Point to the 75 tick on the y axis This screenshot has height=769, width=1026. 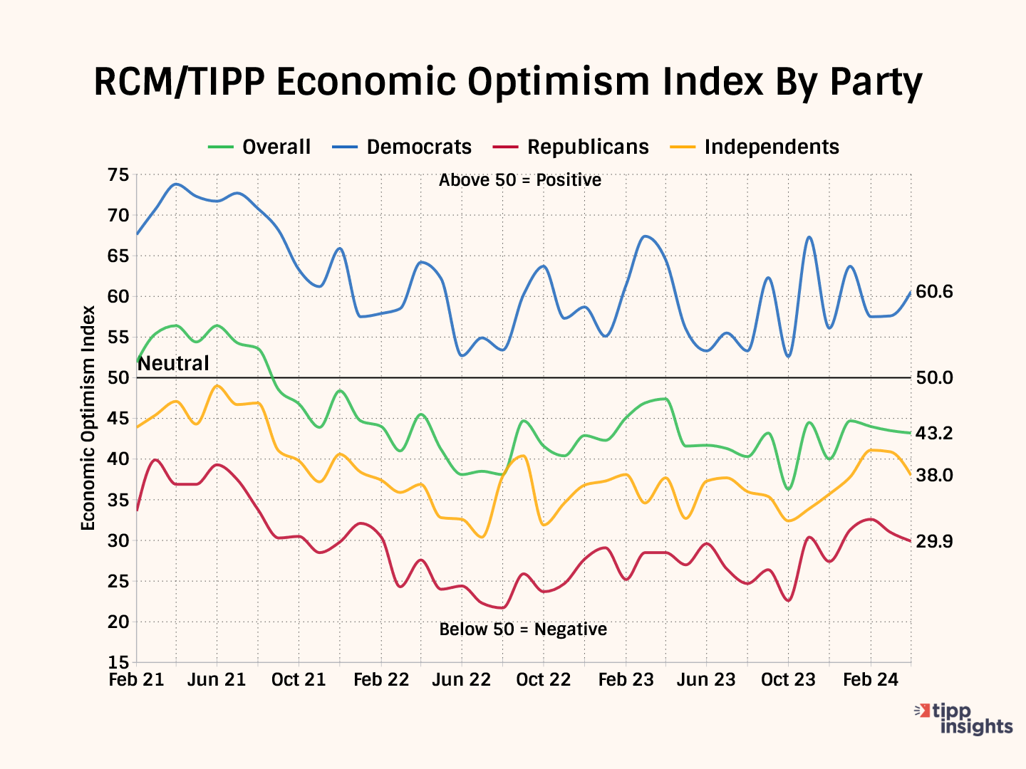pyautogui.click(x=118, y=175)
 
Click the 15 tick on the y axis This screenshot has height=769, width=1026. pyautogui.click(x=118, y=663)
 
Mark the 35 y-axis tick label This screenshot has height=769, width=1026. pyautogui.click(x=118, y=501)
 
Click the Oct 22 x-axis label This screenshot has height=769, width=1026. pyautogui.click(x=544, y=680)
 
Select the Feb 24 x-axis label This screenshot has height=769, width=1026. pyautogui.click(x=871, y=680)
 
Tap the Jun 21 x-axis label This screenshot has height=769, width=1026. pyautogui.click(x=217, y=680)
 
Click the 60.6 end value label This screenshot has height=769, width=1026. pyautogui.click(x=934, y=292)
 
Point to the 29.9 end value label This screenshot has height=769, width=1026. pyautogui.click(x=934, y=542)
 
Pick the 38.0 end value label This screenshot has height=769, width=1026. pyautogui.click(x=934, y=475)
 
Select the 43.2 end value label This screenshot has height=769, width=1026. pyautogui.click(x=934, y=433)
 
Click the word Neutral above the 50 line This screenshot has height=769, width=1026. pyautogui.click(x=173, y=364)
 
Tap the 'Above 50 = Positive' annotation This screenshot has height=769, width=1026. pyautogui.click(x=520, y=180)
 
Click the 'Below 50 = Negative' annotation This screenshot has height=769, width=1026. pyautogui.click(x=523, y=629)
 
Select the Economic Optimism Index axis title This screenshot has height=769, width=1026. pyautogui.click(x=88, y=418)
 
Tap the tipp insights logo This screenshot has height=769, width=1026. pyautogui.click(x=965, y=719)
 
